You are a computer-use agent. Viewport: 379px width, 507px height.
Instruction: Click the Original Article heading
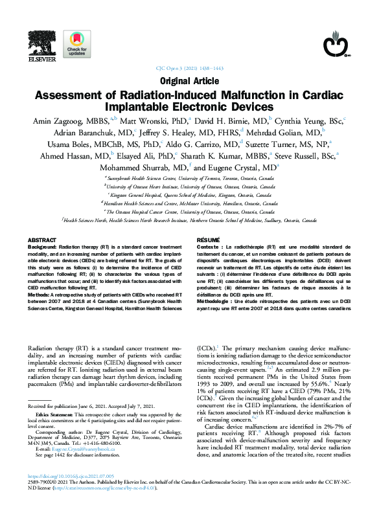[x=189, y=81]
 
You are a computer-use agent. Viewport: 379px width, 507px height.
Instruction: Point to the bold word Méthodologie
[x=214, y=301]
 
